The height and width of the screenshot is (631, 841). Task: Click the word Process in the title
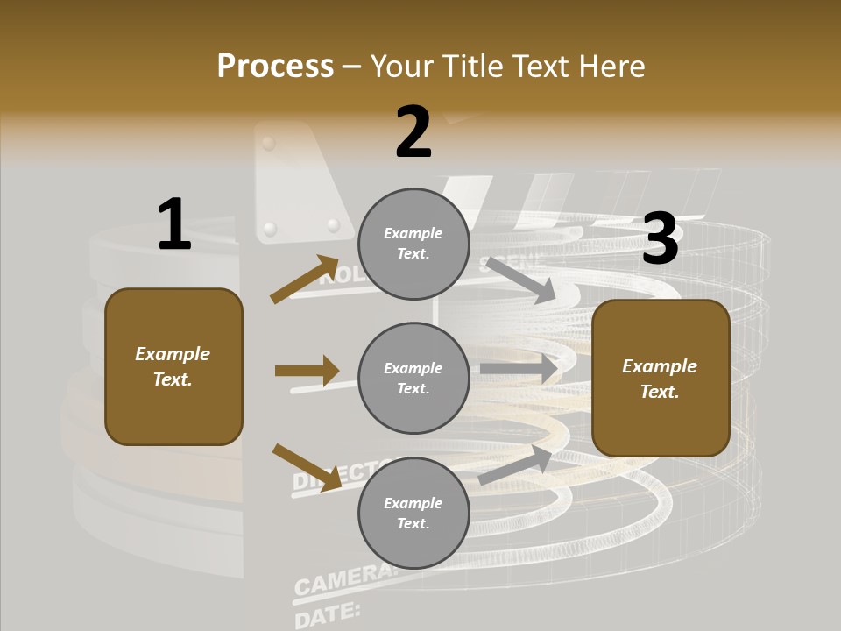point(275,66)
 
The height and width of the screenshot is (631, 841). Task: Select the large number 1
point(174,225)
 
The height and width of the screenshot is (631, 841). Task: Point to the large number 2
point(413,133)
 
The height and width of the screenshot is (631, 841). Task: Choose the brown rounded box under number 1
point(173,366)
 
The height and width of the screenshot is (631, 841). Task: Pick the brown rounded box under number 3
point(661,379)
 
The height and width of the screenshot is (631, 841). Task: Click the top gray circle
point(413,244)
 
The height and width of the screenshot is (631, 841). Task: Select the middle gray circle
point(413,378)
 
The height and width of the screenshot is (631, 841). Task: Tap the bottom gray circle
point(413,513)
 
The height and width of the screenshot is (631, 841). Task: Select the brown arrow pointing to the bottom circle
point(307,467)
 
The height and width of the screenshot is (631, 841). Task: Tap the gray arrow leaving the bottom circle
point(515,465)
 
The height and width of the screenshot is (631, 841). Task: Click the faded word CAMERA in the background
point(343,579)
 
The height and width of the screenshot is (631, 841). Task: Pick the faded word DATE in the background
point(327,614)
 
